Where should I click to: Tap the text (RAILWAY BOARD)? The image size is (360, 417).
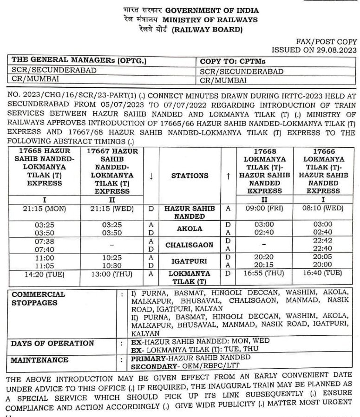click(x=207, y=30)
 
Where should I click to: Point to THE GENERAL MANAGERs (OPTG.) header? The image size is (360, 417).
click(x=79, y=61)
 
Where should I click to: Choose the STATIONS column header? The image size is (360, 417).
click(x=190, y=176)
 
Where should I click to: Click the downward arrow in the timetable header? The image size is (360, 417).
click(x=151, y=176)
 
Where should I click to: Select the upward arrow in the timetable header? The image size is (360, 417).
click(x=228, y=176)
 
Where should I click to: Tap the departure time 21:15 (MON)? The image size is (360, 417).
click(x=45, y=208)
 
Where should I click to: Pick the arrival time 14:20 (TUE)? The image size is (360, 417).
click(x=45, y=274)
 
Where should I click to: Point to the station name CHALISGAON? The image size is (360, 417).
click(x=190, y=245)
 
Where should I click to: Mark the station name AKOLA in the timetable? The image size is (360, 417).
click(x=190, y=228)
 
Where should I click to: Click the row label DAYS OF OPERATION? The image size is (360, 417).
click(x=52, y=343)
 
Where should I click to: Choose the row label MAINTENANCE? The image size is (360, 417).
click(x=39, y=360)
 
